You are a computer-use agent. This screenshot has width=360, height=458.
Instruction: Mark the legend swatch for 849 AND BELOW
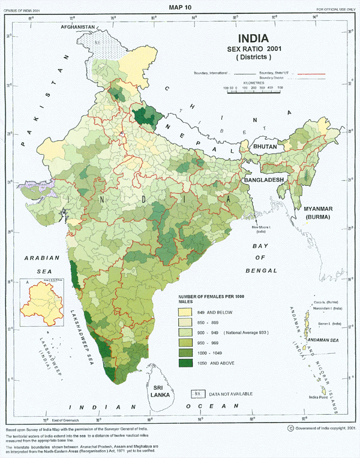point(184,313)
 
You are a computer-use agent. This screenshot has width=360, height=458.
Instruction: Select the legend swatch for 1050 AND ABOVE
point(184,363)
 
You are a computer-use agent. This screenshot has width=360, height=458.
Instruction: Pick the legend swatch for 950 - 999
point(184,343)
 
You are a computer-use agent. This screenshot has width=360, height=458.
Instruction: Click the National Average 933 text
point(245,333)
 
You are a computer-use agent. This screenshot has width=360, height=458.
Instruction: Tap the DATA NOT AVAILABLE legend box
point(196,393)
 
